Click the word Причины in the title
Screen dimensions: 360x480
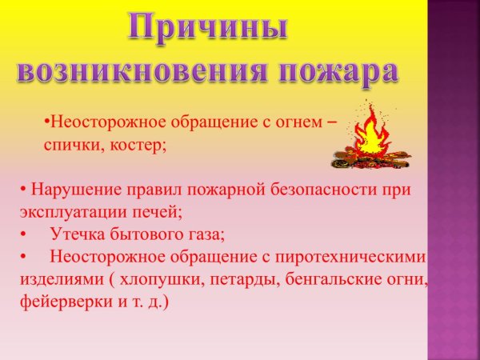click(207, 30)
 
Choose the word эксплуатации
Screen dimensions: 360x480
click(77, 213)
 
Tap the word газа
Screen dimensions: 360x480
click(203, 235)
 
